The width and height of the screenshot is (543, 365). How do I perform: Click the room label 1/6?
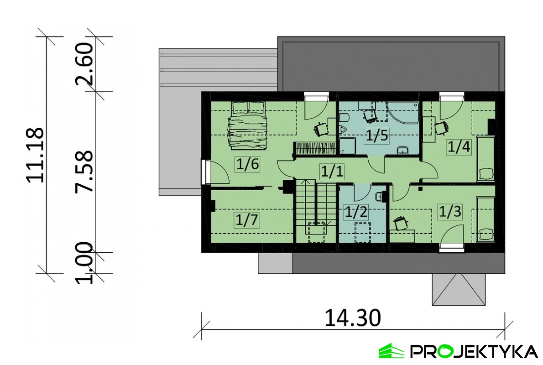[247, 164]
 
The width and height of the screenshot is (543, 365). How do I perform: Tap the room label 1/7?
[247, 219]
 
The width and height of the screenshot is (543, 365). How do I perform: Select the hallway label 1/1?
[332, 172]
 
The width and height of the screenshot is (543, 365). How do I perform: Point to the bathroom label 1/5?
[377, 136]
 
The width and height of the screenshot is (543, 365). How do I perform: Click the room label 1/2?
[356, 212]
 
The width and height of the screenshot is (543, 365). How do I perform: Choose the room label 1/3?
[450, 211]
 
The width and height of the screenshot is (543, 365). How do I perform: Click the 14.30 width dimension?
[353, 318]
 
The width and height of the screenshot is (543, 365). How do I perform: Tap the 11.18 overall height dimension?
[35, 155]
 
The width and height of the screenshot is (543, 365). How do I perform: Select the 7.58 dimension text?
[84, 172]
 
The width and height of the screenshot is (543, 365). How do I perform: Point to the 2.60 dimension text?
[84, 64]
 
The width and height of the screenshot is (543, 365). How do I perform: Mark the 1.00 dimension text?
[84, 263]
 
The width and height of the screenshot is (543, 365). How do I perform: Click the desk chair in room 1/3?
[401, 223]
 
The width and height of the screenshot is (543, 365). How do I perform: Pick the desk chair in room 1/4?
[441, 128]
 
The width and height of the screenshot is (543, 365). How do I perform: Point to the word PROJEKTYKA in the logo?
[474, 351]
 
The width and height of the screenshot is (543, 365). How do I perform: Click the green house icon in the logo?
[391, 351]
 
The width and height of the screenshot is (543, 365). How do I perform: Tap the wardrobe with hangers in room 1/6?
[315, 149]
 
